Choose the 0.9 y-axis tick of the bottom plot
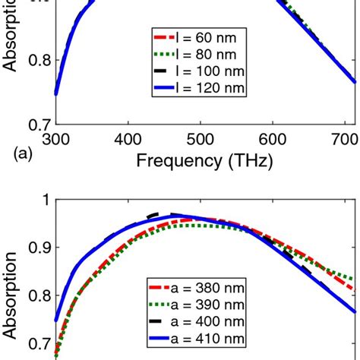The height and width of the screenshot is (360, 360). click(38, 248)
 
